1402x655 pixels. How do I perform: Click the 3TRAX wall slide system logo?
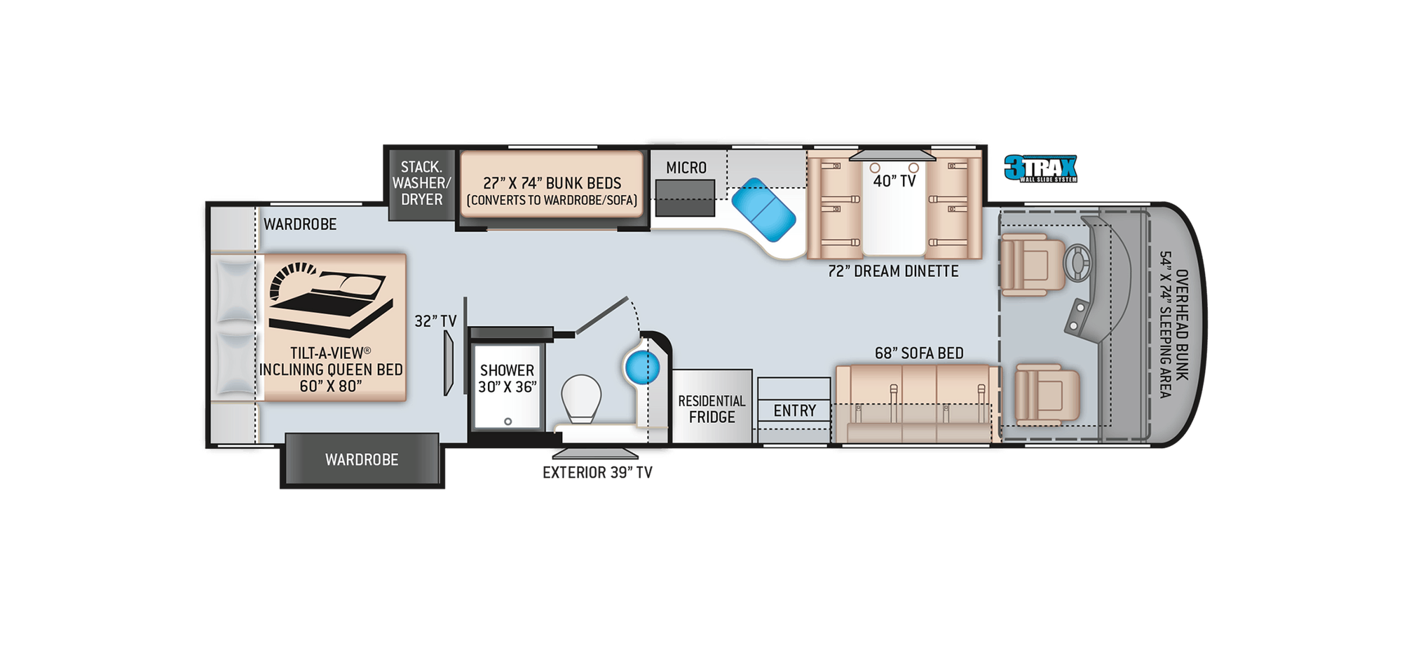[1040, 169]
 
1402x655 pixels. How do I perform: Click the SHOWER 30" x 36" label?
[507, 378]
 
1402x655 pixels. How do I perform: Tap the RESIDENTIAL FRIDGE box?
[712, 408]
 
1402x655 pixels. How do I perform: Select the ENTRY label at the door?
[794, 410]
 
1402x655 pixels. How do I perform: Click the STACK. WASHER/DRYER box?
[421, 183]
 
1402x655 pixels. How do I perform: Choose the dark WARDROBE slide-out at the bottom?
[362, 459]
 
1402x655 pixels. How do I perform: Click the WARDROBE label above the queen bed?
[300, 224]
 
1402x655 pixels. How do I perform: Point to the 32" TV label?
[435, 321]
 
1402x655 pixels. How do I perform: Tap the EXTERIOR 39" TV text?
[597, 473]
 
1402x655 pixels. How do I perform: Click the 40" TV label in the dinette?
[894, 181]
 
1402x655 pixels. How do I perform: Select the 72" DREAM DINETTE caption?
[892, 271]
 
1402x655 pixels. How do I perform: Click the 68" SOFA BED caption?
[918, 353]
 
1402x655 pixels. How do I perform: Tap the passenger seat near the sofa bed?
[1047, 393]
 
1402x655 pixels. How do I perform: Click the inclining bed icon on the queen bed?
[329, 298]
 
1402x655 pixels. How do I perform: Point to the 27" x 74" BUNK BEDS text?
[552, 183]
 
